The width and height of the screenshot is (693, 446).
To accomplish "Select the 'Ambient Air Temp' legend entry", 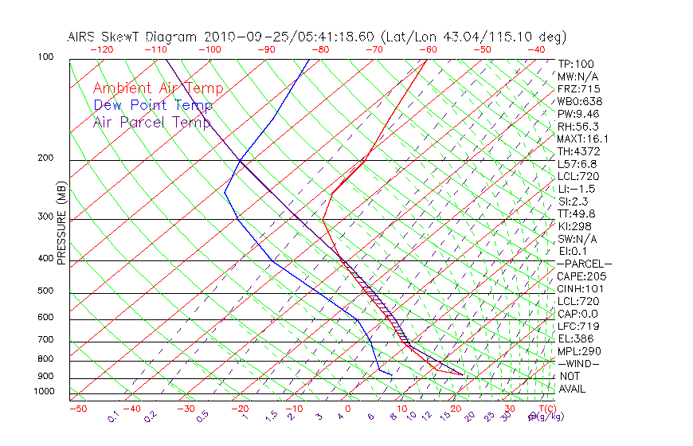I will (x=158, y=89).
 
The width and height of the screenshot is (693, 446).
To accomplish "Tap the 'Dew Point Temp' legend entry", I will (x=153, y=106).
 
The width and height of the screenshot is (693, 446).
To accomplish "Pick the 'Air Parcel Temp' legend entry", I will (x=152, y=122).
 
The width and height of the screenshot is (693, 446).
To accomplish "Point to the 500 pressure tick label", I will (x=45, y=291).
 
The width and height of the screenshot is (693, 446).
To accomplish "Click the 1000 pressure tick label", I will (x=43, y=392).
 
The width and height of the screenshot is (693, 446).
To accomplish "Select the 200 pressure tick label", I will (x=45, y=158).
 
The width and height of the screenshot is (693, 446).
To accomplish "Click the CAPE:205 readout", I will (x=578, y=276).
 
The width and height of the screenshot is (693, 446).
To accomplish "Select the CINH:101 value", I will (x=578, y=289).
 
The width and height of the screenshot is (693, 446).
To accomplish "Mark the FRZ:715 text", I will (x=578, y=88).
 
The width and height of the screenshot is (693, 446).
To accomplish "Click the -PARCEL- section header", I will (x=584, y=264).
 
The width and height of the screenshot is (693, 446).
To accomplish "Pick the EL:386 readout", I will (x=575, y=338).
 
